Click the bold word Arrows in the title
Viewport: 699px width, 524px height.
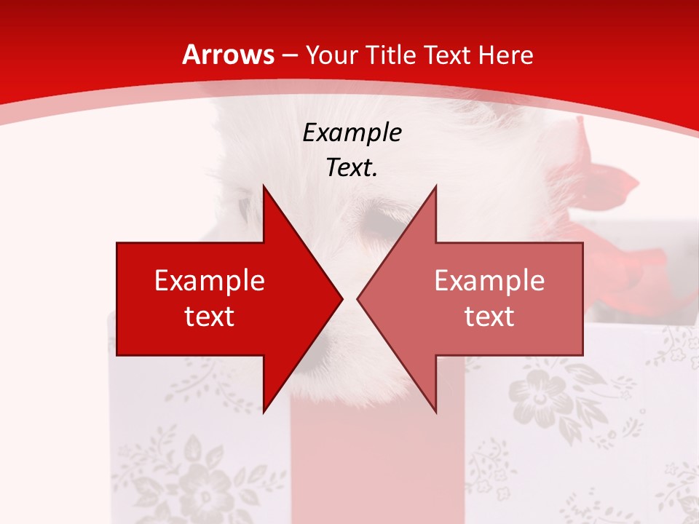tap(228, 55)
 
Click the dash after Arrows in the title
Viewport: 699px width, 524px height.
tap(289, 55)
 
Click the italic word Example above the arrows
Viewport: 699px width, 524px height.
tap(352, 132)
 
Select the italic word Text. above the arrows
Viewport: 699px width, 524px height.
tap(352, 167)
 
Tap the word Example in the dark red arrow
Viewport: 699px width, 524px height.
tap(210, 280)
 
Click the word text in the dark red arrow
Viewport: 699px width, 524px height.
tap(210, 316)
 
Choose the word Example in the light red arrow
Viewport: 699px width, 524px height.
tap(489, 280)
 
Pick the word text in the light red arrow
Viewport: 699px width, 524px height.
tap(489, 316)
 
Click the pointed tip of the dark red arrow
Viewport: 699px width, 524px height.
tap(341, 299)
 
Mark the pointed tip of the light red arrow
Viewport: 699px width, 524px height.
tap(359, 299)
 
